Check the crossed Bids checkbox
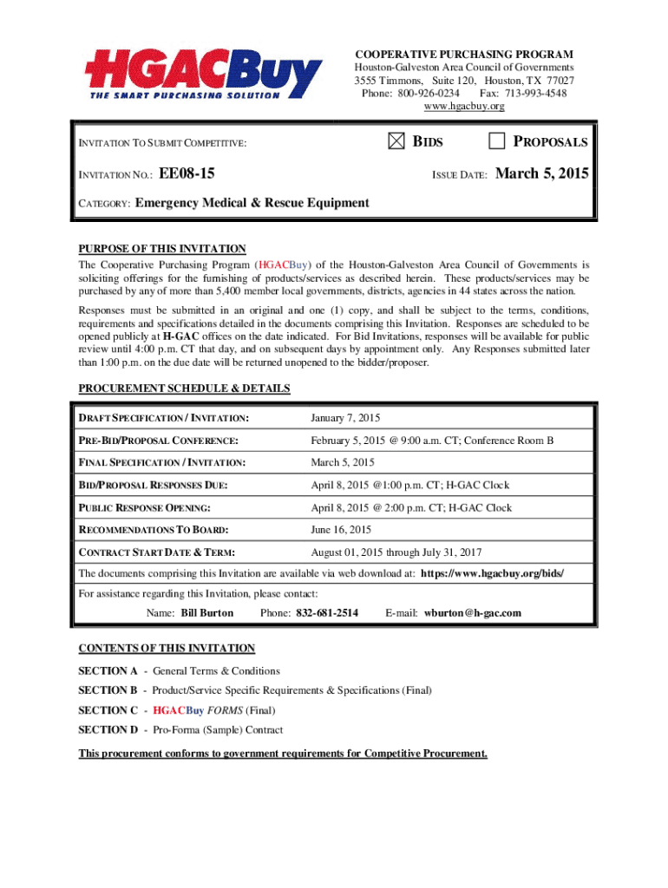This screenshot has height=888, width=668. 396,142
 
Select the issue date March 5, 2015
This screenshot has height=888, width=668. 541,174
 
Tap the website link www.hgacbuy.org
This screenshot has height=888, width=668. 463,106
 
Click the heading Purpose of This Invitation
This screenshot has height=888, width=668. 162,249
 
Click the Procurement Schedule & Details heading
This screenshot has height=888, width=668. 184,388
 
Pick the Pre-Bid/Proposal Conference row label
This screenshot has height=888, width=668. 159,441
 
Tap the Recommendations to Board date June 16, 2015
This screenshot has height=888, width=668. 341,530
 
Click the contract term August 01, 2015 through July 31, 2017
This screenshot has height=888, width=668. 396,552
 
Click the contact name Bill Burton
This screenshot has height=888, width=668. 207,613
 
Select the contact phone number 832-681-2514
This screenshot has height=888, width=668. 327,613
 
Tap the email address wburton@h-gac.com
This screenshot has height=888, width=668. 473,613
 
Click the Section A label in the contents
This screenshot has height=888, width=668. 108,670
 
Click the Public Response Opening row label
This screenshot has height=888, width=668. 145,508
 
